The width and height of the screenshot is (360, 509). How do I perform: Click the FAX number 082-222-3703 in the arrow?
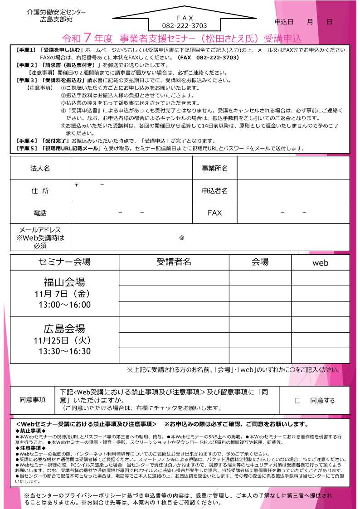(x=184, y=26)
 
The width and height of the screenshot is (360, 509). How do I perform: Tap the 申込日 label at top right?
(x=284, y=22)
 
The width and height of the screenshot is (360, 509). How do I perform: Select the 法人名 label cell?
(x=40, y=168)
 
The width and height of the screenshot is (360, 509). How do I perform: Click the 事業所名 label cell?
(x=214, y=168)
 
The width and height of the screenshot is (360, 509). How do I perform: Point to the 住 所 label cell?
(x=40, y=191)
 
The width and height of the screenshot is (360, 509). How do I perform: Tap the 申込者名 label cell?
(x=214, y=191)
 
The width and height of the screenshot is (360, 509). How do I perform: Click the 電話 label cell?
(x=40, y=213)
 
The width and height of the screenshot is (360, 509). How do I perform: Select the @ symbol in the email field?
(x=181, y=238)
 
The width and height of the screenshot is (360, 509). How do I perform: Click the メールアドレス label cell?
(x=40, y=238)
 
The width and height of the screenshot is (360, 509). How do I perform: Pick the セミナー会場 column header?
(x=64, y=262)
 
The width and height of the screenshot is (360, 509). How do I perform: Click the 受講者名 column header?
(x=174, y=262)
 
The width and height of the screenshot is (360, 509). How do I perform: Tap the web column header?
(x=320, y=263)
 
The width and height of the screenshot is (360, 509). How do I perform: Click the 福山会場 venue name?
(x=64, y=282)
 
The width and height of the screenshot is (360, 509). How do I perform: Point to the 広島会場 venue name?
(x=64, y=328)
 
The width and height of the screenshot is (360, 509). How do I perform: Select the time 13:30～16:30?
(x=64, y=351)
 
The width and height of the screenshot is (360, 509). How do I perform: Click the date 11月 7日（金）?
(x=64, y=294)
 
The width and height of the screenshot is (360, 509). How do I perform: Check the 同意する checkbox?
(x=297, y=401)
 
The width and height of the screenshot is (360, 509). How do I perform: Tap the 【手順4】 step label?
(x=25, y=141)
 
